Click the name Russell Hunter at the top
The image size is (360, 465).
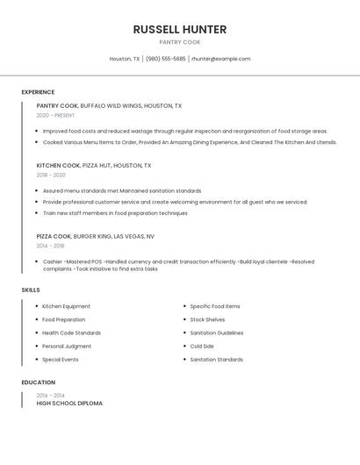(x=180, y=29)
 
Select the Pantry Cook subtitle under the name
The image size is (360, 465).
(x=180, y=42)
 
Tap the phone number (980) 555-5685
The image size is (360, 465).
(x=165, y=59)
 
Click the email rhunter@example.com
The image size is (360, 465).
(x=220, y=59)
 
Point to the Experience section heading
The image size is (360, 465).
(x=38, y=92)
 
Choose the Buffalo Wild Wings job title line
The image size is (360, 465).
(x=109, y=106)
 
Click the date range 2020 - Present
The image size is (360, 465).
(x=55, y=116)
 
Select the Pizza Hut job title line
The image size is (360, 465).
(x=93, y=165)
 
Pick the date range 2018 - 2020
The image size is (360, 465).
(x=51, y=175)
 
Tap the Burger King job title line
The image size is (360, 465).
(x=95, y=236)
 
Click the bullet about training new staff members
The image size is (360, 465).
(x=115, y=213)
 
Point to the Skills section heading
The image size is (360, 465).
(x=31, y=290)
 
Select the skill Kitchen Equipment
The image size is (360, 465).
(x=66, y=306)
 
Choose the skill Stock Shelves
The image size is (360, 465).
(x=207, y=319)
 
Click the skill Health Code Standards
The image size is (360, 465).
(x=71, y=333)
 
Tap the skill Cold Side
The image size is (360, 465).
(x=202, y=346)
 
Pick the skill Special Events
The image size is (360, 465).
(x=60, y=359)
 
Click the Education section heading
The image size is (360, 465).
(x=38, y=383)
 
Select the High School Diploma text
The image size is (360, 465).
(x=69, y=404)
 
